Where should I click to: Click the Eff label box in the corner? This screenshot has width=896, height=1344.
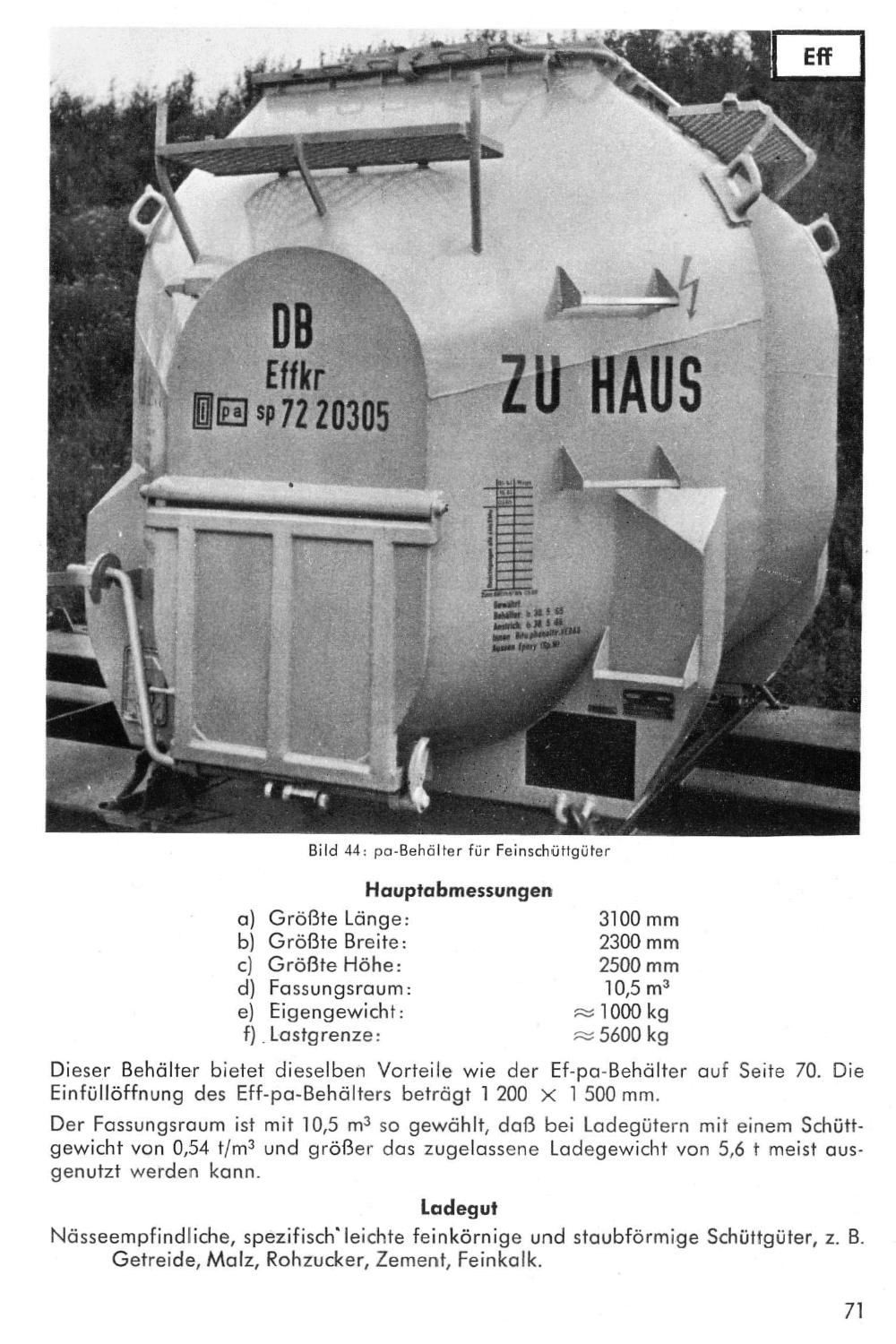pyautogui.click(x=816, y=56)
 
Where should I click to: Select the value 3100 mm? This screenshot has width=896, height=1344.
pyautogui.click(x=638, y=919)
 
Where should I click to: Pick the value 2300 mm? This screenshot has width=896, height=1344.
pyautogui.click(x=638, y=943)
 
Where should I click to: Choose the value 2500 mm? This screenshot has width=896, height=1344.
pyautogui.click(x=638, y=966)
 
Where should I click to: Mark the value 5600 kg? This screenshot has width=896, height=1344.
pyautogui.click(x=633, y=1036)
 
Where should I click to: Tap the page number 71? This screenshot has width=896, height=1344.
pyautogui.click(x=853, y=1311)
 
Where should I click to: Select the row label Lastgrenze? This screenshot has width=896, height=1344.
pyautogui.click(x=325, y=1036)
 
